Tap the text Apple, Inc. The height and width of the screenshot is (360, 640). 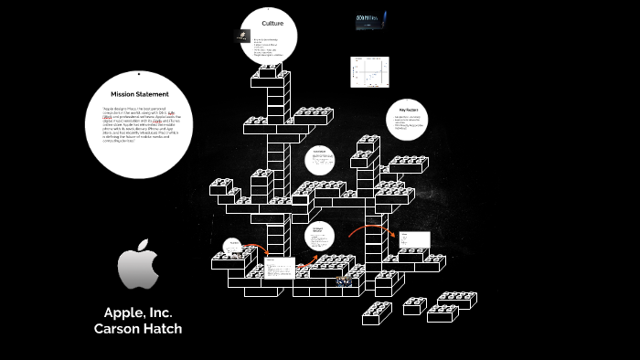pos(138,312)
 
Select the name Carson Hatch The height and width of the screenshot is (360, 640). pos(138,329)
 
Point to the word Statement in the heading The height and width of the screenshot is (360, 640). pos(154,94)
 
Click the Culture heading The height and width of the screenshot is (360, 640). pos(272,22)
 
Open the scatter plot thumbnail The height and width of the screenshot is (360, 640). pos(369,72)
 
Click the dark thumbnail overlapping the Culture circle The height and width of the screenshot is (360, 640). pos(242,37)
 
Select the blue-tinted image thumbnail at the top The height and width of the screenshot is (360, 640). pos(368,21)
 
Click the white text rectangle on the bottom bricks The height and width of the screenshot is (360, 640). pos(281,269)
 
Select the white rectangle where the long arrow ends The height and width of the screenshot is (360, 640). pos(412,240)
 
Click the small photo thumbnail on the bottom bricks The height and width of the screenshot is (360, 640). pos(343,281)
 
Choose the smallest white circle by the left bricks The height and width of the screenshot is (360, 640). pos(233,246)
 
